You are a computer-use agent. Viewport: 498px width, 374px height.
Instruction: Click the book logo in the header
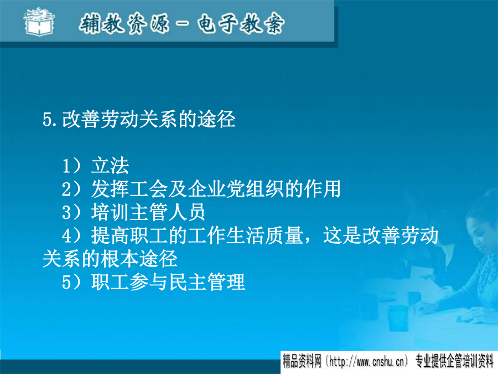coord(39,22)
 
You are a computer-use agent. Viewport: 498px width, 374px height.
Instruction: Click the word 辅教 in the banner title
coord(101,23)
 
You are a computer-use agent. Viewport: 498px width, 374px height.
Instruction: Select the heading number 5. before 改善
coord(50,120)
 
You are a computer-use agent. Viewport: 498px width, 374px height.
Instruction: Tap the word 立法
coord(110,166)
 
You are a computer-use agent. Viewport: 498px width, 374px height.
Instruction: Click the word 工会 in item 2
coord(149,188)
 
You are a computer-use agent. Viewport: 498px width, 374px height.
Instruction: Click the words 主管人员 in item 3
coord(168,212)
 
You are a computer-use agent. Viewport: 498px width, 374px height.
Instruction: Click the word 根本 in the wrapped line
coord(120,259)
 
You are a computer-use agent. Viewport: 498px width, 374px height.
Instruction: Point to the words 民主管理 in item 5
coord(206,282)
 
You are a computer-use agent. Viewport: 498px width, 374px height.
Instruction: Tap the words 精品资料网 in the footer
coord(302,362)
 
